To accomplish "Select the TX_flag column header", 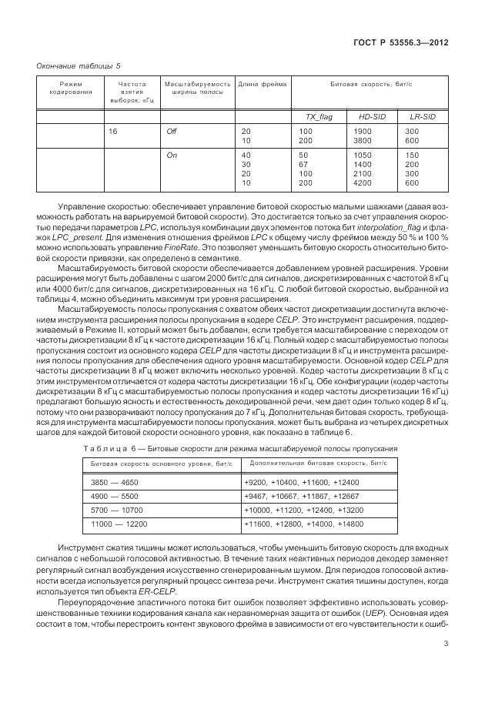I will click(x=320, y=116).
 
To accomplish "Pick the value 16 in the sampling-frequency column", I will click(x=112, y=132).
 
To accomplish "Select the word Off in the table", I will click(x=172, y=132).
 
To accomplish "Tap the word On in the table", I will click(x=172, y=156).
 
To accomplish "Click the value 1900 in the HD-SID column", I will click(x=363, y=132).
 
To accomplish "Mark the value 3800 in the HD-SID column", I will click(x=363, y=140).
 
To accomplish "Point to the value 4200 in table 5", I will click(x=363, y=183).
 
